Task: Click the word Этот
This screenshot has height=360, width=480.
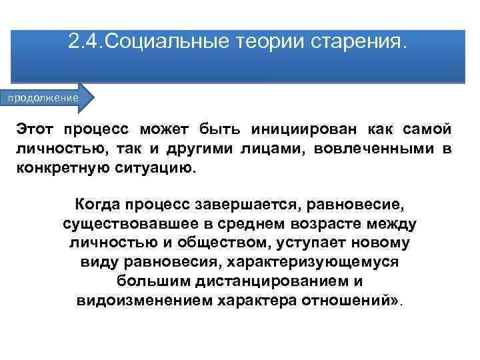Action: click(37, 129)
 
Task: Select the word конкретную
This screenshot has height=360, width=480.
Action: click(60, 167)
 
